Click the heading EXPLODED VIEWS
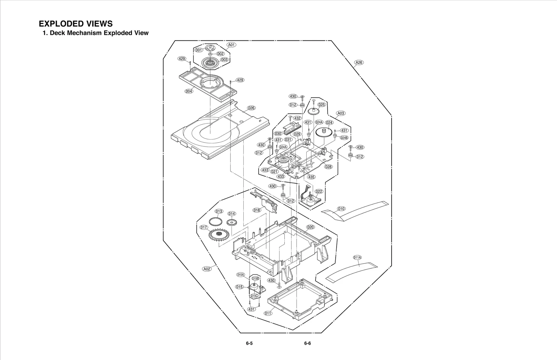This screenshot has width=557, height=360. click(76, 24)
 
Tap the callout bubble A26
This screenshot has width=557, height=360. click(359, 63)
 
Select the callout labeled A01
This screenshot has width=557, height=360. click(232, 45)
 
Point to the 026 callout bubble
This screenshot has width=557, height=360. click(251, 108)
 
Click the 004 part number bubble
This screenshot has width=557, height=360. click(189, 91)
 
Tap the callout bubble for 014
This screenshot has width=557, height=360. click(232, 214)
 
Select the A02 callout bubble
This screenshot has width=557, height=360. click(207, 269)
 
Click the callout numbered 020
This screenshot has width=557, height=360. click(310, 227)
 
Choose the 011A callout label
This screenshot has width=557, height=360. click(357, 257)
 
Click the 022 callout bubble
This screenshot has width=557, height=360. click(319, 191)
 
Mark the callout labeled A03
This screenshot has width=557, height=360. click(341, 113)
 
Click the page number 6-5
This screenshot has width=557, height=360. click(249, 343)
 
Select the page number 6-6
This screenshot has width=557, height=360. click(307, 343)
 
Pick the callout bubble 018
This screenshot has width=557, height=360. click(257, 210)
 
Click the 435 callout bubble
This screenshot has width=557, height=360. click(311, 177)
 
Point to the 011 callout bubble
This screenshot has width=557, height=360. click(268, 313)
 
